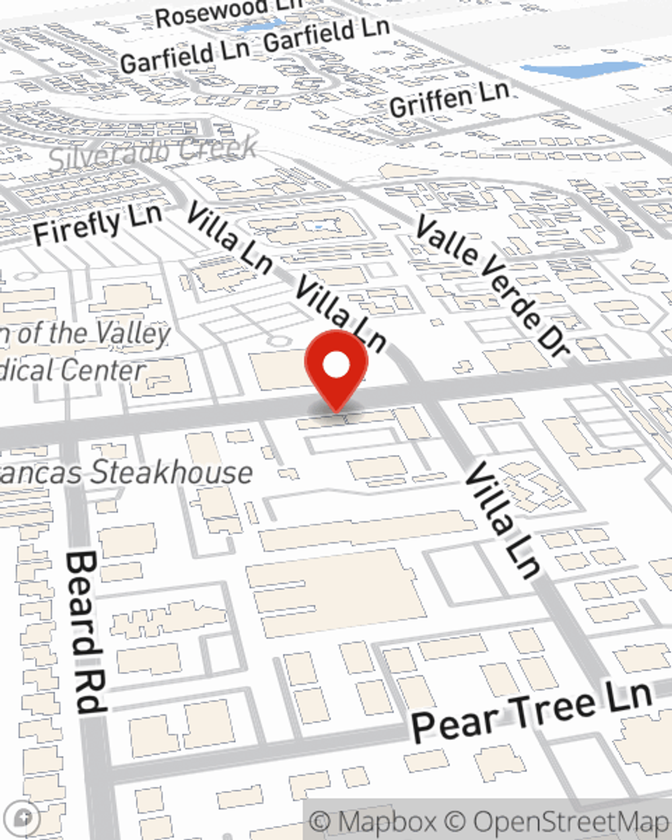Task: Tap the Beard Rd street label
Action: pos(86,632)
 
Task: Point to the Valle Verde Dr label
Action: pos(493,286)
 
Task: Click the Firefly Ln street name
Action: pos(97,224)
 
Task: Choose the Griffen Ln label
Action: pos(448,99)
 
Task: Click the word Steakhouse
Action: pos(172,472)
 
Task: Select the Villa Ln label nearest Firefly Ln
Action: pos(228,238)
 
